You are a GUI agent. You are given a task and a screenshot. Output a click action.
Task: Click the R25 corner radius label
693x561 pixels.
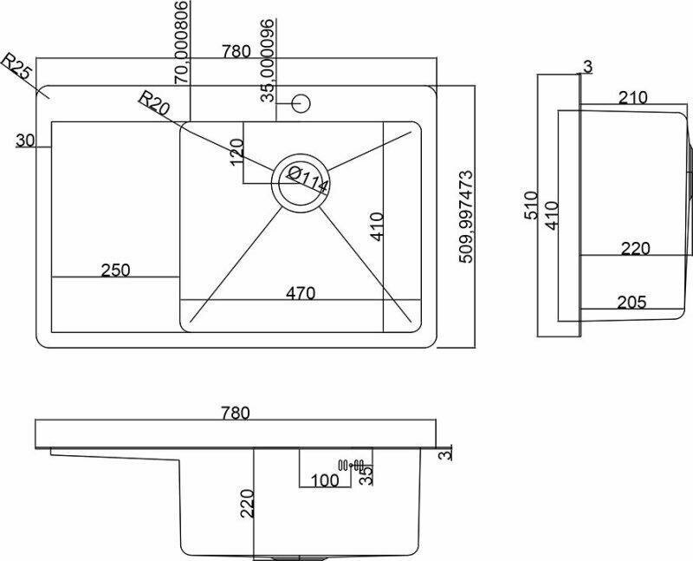(x=17, y=67)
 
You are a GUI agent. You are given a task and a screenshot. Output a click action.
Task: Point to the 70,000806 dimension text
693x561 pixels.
(x=181, y=42)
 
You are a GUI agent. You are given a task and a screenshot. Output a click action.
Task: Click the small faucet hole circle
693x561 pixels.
(x=301, y=103)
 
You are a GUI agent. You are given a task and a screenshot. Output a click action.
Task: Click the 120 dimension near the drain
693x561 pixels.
(x=232, y=153)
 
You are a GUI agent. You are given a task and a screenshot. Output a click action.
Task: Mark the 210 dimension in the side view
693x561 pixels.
(x=633, y=98)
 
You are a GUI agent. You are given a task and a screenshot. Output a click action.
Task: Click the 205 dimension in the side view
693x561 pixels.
(x=634, y=302)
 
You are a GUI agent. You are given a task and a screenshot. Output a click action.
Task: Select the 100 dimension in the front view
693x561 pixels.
(x=326, y=479)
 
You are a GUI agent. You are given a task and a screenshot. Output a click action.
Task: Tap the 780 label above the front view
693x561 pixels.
(x=235, y=413)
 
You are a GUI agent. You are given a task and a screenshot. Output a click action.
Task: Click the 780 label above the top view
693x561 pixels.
(x=236, y=51)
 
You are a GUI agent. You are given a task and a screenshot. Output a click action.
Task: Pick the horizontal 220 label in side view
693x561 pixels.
(x=635, y=249)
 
